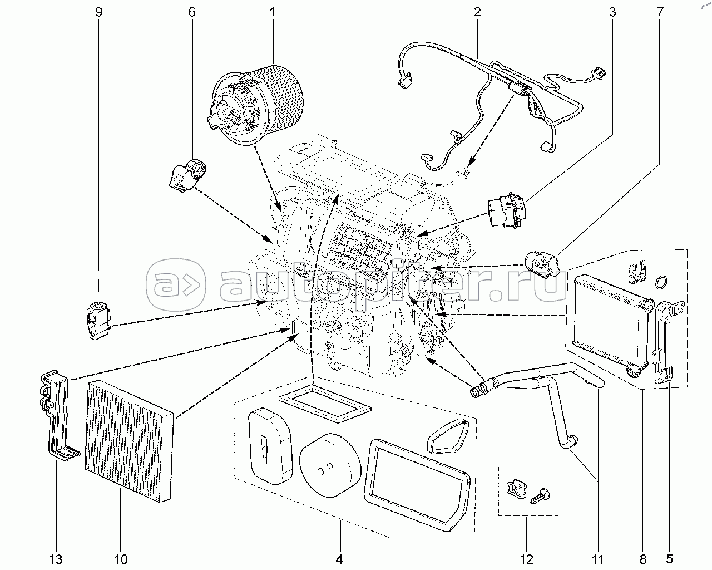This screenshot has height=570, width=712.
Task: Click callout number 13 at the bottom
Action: [x=58, y=558]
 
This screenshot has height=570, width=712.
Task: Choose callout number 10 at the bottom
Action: [x=121, y=558]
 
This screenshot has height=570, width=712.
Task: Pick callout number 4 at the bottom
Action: [x=340, y=558]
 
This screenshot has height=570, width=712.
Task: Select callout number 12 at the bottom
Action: [x=526, y=558]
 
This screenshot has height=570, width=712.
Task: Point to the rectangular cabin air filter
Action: [x=130, y=440]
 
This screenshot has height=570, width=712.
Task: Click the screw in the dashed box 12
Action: [x=540, y=494]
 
